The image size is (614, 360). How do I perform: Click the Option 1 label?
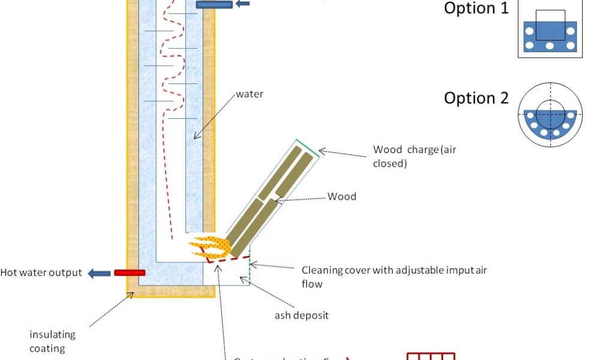tap(476, 8)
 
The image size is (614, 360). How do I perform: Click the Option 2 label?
tap(476, 98)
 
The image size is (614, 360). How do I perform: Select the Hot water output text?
tap(41, 272)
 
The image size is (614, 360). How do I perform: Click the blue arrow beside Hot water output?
tap(100, 274)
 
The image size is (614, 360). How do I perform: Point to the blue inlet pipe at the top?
tap(213, 5)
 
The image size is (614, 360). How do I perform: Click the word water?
tap(249, 94)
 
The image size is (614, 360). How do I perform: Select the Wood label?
tap(342, 196)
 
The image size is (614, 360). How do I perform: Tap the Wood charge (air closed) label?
tap(414, 156)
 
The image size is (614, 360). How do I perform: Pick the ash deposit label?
tap(302, 315)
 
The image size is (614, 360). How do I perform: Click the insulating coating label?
tap(53, 341)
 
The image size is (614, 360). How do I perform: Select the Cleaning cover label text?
tap(394, 270)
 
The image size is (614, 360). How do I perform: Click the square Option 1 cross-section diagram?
tap(550, 29)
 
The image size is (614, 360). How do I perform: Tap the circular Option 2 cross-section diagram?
tap(550, 115)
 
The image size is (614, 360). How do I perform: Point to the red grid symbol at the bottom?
tap(431, 356)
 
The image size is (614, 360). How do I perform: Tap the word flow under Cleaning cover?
tap(312, 284)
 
